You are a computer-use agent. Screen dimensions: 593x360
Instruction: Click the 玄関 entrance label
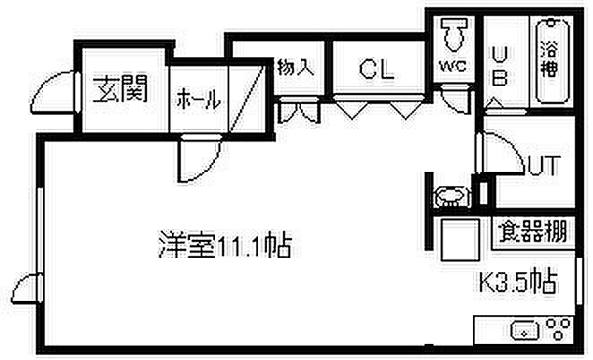pyautogui.click(x=120, y=90)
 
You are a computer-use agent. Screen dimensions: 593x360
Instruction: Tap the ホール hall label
pyautogui.click(x=198, y=99)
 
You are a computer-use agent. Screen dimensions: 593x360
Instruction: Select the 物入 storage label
pyautogui.click(x=296, y=67)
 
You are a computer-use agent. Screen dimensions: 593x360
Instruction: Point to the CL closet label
pyautogui.click(x=376, y=69)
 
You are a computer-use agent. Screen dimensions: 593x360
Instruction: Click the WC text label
pyautogui.click(x=451, y=65)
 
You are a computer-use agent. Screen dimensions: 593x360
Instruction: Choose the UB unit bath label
pyautogui.click(x=501, y=65)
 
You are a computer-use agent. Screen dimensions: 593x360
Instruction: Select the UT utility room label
pyautogui.click(x=544, y=166)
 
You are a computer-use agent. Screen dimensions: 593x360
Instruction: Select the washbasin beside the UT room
pyautogui.click(x=447, y=197)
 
